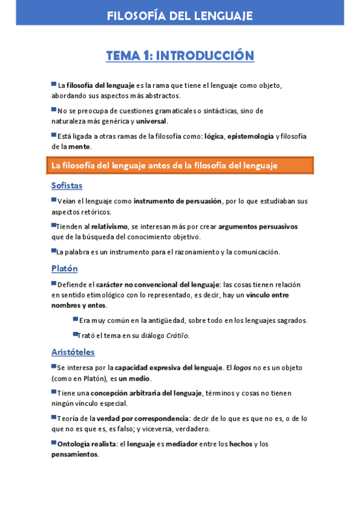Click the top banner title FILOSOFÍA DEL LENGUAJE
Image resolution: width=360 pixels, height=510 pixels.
pyautogui.click(x=180, y=16)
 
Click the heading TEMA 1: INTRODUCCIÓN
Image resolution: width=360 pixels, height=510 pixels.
pyautogui.click(x=180, y=56)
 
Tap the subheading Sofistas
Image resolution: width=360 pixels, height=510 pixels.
pyautogui.click(x=67, y=185)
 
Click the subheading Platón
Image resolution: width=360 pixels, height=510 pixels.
pyautogui.click(x=64, y=268)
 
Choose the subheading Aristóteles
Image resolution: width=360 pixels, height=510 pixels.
pyautogui.click(x=73, y=352)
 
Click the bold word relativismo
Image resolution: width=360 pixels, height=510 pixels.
pyautogui.click(x=109, y=227)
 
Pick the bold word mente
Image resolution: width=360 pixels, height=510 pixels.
pyautogui.click(x=79, y=146)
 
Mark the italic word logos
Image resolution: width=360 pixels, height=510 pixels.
pyautogui.click(x=243, y=367)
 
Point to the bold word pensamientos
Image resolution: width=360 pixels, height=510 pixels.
pyautogui.click(x=75, y=454)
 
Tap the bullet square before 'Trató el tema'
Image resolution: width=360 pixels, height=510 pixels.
pyautogui.click(x=76, y=334)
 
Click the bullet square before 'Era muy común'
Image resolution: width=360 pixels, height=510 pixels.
pyautogui.click(x=76, y=319)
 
